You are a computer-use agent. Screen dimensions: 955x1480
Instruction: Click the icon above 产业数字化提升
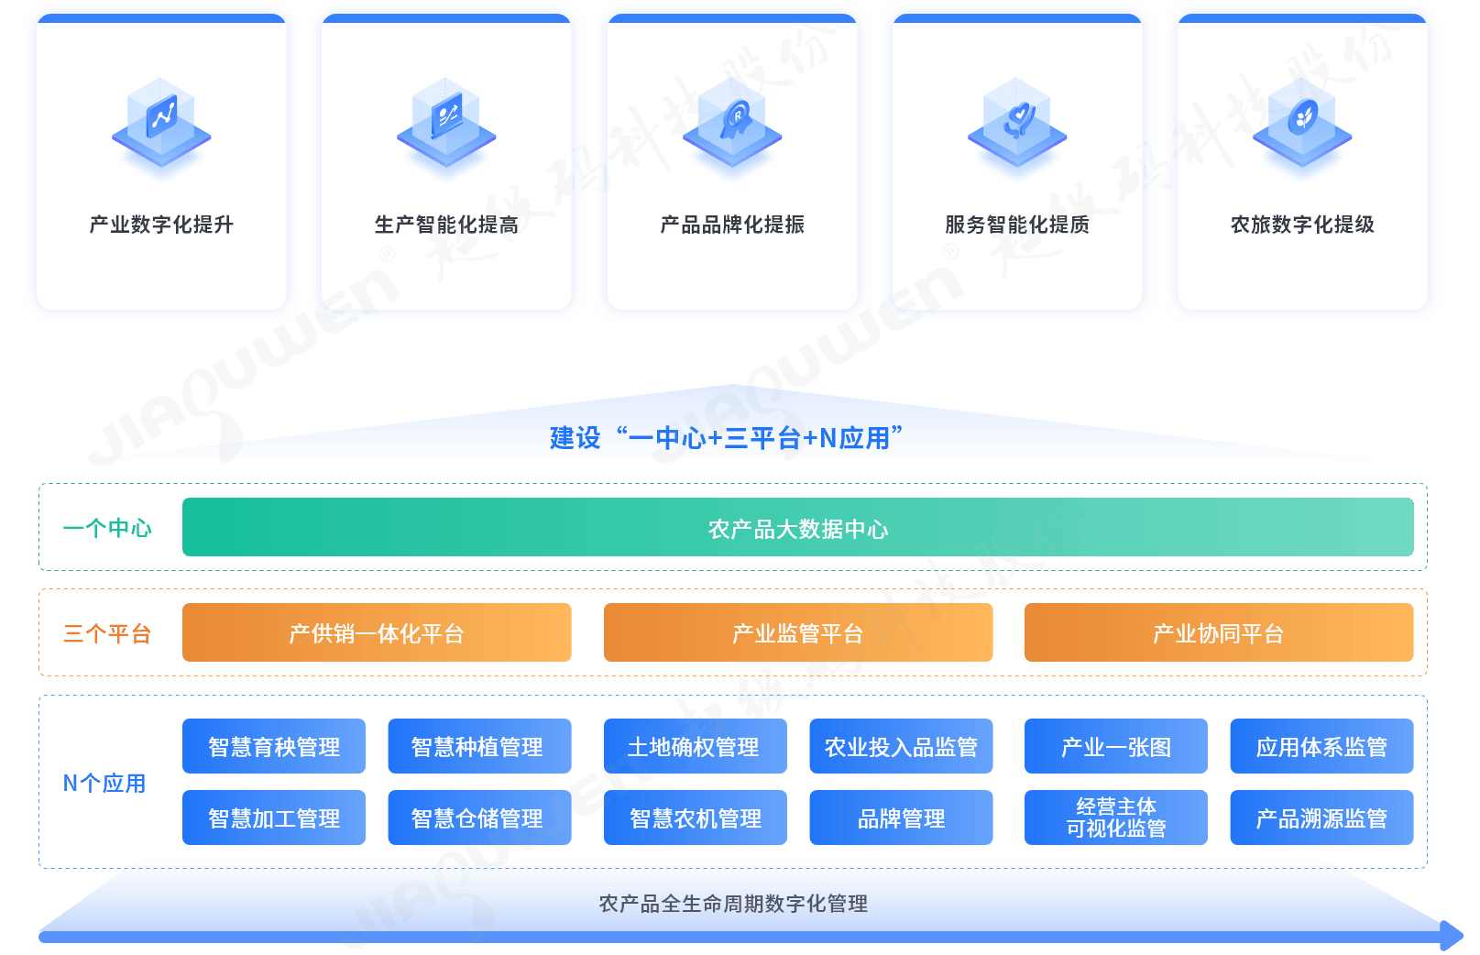pos(161,123)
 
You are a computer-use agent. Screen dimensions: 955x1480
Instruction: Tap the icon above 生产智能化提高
pos(446,123)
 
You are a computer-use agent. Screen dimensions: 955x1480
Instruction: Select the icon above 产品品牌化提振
pos(732,123)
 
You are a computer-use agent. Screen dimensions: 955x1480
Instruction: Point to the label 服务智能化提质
pos(1017,225)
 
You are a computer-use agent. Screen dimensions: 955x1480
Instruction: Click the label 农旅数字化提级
pos(1302,225)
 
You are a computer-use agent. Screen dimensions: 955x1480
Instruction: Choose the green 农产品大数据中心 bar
pos(797,528)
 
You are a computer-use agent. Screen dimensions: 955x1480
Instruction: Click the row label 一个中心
pos(107,528)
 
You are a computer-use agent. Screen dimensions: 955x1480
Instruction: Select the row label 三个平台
pos(107,633)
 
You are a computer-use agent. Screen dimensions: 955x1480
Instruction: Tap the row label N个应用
pos(104,783)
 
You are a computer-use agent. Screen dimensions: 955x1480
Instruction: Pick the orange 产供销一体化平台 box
pos(377,632)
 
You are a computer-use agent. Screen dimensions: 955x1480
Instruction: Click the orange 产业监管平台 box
pos(797,632)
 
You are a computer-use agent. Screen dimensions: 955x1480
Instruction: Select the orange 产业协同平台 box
pos(1218,632)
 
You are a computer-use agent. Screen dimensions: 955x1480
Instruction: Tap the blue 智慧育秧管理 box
pos(274,747)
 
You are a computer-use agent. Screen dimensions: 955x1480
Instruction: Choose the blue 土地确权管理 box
pos(695,747)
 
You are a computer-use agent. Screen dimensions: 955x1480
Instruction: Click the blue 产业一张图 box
pos(1115,747)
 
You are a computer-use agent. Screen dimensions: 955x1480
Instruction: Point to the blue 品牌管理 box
pos(901,818)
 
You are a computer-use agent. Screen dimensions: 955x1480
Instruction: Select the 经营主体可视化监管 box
pos(1115,818)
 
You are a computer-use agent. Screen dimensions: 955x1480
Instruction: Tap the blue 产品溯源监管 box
pos(1321,818)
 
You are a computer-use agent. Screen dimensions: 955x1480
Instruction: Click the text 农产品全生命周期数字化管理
pos(733,904)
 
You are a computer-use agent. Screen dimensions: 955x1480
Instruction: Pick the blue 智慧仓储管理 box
pos(478,818)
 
